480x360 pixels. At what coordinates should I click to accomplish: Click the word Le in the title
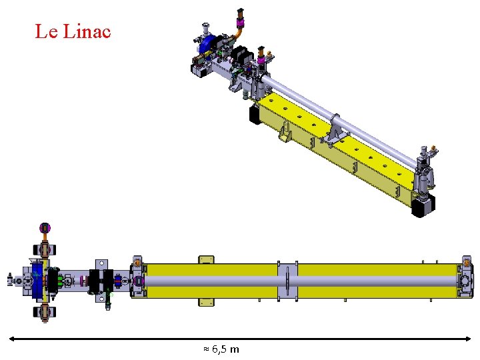coord(46,31)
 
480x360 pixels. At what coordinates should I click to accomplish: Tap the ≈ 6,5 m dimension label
coord(221,349)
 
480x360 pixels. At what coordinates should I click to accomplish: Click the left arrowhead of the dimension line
coord(11,339)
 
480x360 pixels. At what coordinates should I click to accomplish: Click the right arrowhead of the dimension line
coord(468,339)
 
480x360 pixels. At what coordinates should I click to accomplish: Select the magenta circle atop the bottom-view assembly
coord(45,227)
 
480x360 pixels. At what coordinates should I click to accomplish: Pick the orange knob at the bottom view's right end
coord(466,263)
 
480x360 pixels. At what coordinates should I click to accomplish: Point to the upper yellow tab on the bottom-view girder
coord(206,259)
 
